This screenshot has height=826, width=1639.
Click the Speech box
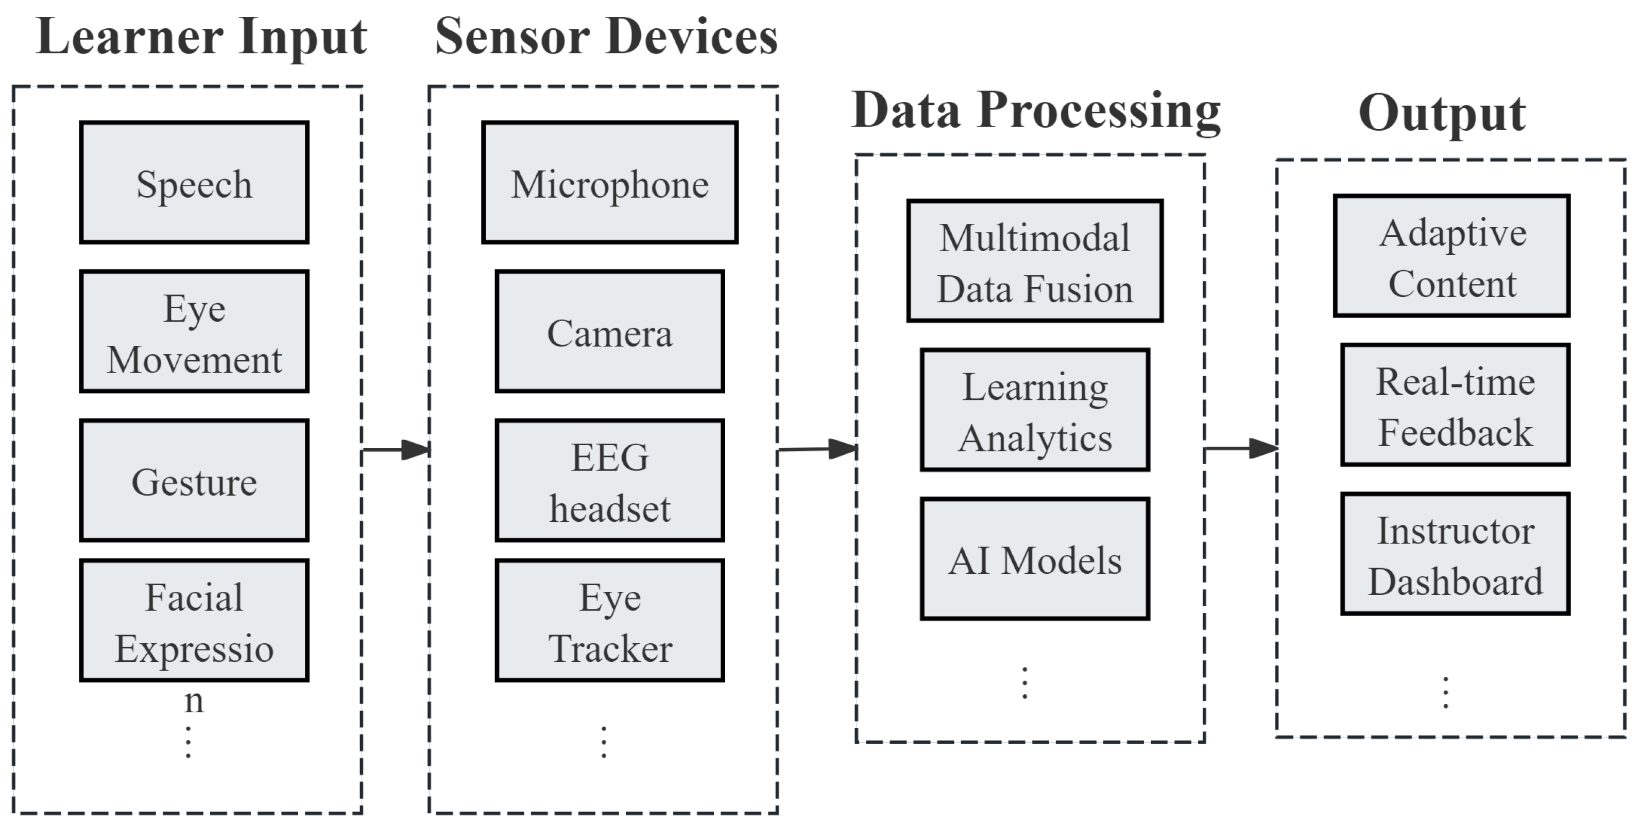pos(194,183)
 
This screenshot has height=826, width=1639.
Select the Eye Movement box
pos(194,332)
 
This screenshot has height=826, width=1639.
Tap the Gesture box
pos(194,481)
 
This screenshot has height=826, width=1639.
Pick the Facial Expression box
pos(194,621)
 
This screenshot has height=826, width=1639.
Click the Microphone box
pos(609,183)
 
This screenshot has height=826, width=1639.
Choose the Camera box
pos(609,332)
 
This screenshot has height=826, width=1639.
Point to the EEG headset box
pos(609,481)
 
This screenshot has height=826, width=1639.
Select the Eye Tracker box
pos(609,621)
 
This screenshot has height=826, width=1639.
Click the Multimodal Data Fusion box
pos(1035,261)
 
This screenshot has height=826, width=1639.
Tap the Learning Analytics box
pos(1035,410)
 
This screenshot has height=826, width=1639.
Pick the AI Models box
pos(1035,559)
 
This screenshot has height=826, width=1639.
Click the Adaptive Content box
pos(1452,256)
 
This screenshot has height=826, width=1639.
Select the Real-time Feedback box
pos(1455,405)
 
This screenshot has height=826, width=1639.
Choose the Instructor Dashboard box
pos(1455,554)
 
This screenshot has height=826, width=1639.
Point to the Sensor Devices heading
pos(606,37)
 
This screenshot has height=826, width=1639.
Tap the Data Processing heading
pos(1036,111)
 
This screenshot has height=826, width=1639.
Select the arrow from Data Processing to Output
pos(1241,448)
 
